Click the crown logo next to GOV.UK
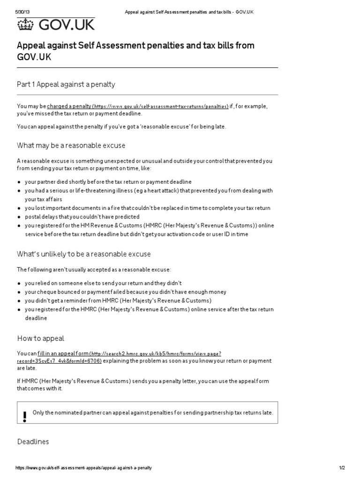[x=26, y=25]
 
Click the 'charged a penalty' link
[x=69, y=106]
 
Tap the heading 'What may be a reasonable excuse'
[x=71, y=145]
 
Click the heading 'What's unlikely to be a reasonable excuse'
[x=84, y=254]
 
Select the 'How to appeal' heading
[x=41, y=338]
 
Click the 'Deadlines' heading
[x=33, y=442]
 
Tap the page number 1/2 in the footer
[x=342, y=468]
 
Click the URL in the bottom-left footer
[x=83, y=468]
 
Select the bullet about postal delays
[x=82, y=217]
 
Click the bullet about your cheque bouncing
[x=125, y=292]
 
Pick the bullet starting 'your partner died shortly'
[x=108, y=182]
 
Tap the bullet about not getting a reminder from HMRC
[x=118, y=300]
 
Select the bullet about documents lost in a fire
[x=147, y=208]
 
